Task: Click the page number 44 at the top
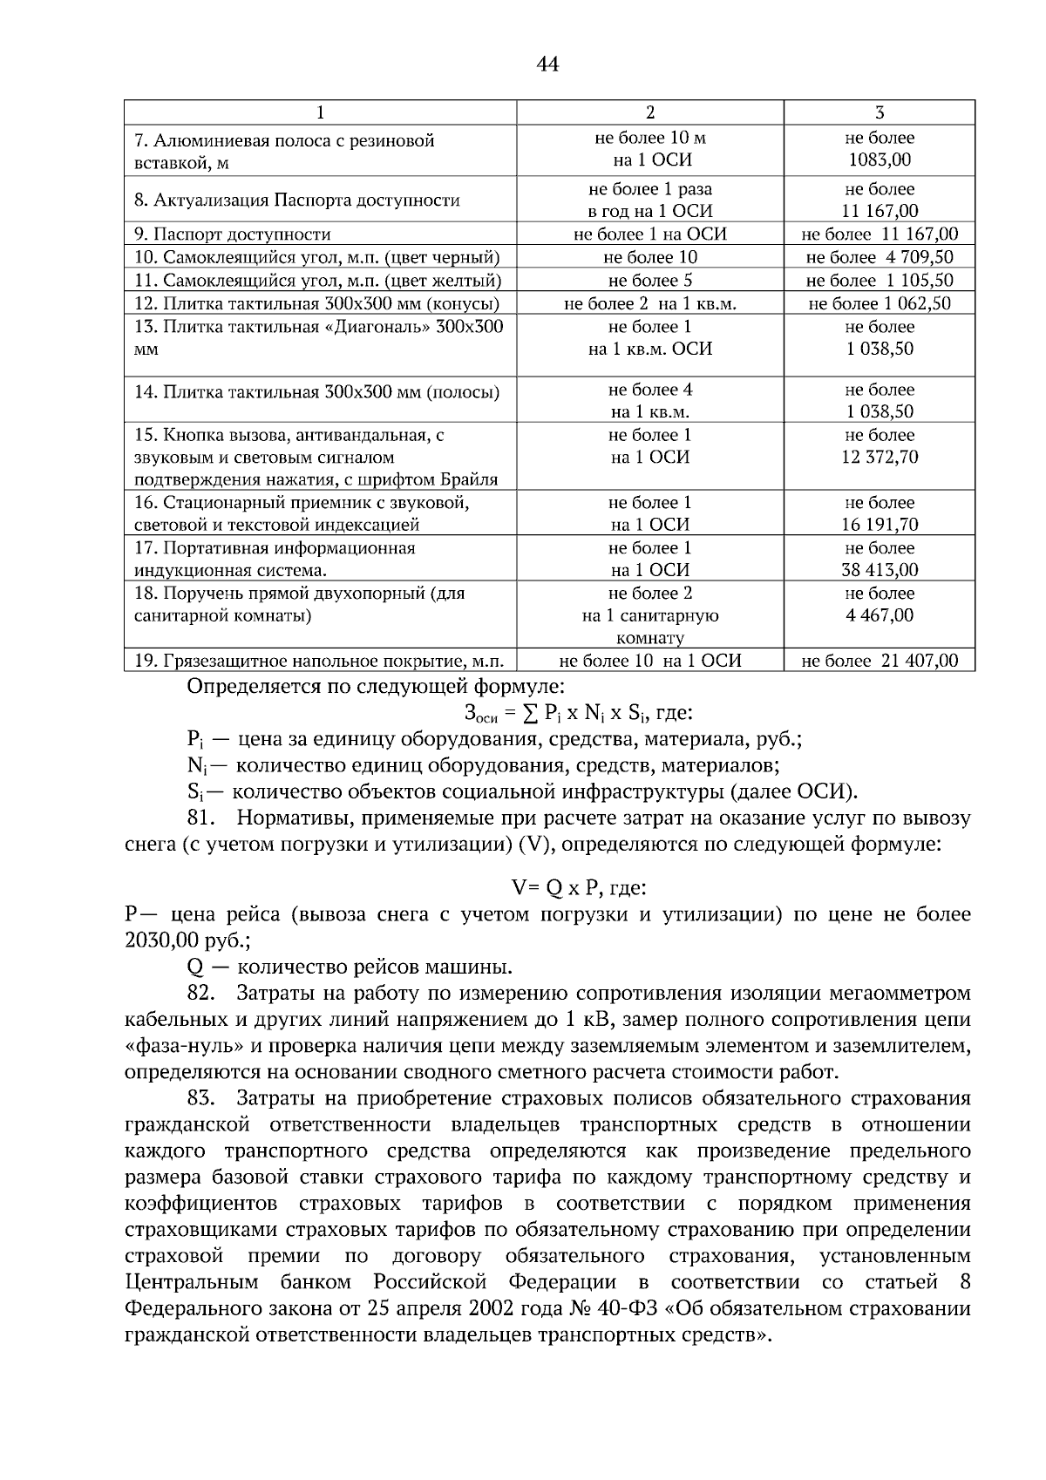click(547, 64)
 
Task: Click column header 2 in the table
click(649, 112)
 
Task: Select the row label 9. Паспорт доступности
click(233, 234)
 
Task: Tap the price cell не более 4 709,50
click(880, 257)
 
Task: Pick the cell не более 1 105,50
click(880, 281)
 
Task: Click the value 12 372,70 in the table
click(880, 457)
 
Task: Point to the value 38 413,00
click(880, 570)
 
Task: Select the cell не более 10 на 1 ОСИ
click(649, 661)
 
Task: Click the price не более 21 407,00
click(880, 661)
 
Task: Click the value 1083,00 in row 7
click(880, 160)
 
